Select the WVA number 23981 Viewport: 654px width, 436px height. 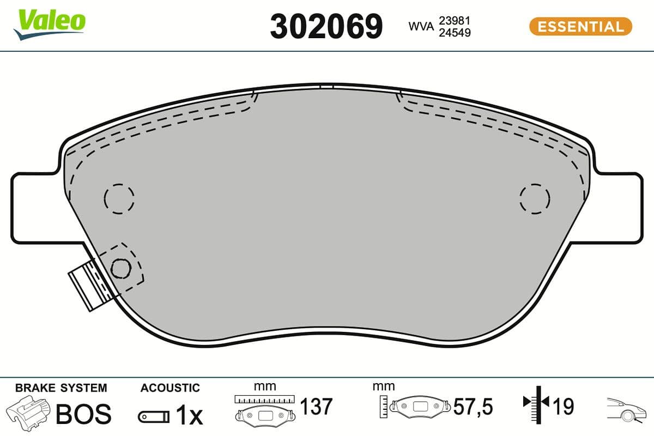455,20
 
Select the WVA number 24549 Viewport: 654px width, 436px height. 455,33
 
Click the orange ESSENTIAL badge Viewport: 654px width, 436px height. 580,26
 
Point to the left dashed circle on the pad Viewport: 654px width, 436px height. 119,197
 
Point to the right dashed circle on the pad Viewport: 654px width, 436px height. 535,197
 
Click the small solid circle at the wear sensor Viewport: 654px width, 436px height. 120,267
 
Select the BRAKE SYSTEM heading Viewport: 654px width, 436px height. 61,388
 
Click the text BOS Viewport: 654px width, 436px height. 84,414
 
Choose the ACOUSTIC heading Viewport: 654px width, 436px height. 170,388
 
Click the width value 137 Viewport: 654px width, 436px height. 316,407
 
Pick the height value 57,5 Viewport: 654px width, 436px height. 473,407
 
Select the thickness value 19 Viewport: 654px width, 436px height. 564,407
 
